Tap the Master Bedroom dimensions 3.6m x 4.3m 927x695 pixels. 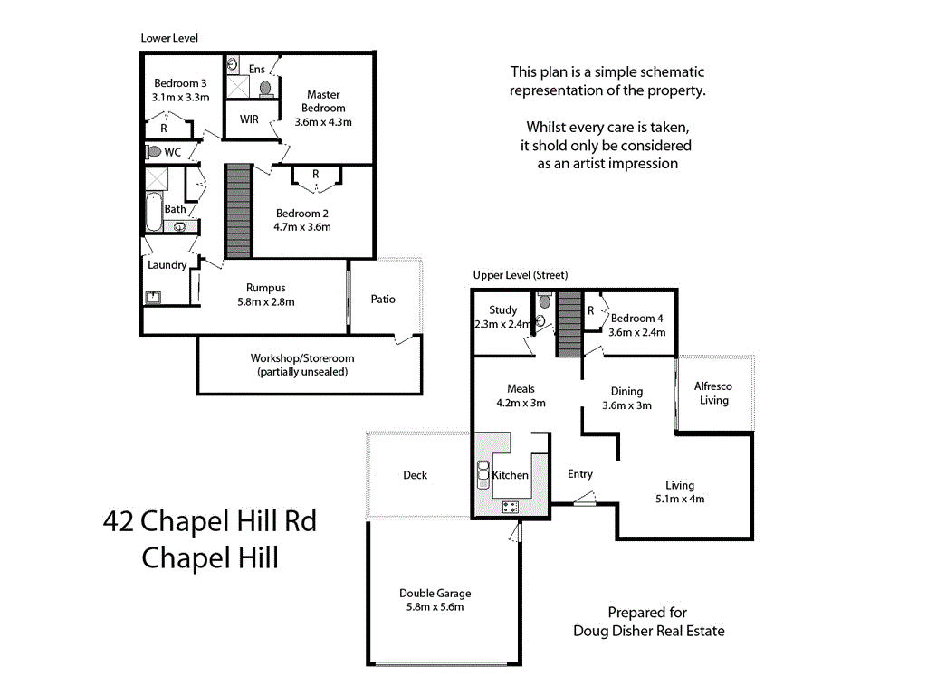click(323, 122)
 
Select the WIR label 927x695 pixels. click(249, 119)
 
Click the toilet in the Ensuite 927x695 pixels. click(265, 88)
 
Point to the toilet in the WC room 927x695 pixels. click(154, 152)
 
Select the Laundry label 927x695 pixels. click(167, 265)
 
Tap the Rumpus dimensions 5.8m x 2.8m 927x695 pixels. click(265, 302)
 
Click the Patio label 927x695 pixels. click(383, 299)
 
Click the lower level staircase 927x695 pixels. click(237, 210)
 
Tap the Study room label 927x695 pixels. click(502, 310)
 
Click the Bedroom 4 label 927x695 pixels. click(637, 319)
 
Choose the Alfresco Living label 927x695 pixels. click(713, 393)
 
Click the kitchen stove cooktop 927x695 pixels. click(509, 507)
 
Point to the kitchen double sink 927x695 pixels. click(482, 474)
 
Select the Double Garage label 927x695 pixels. click(435, 594)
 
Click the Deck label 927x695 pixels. click(415, 475)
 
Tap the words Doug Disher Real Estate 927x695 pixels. click(649, 631)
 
